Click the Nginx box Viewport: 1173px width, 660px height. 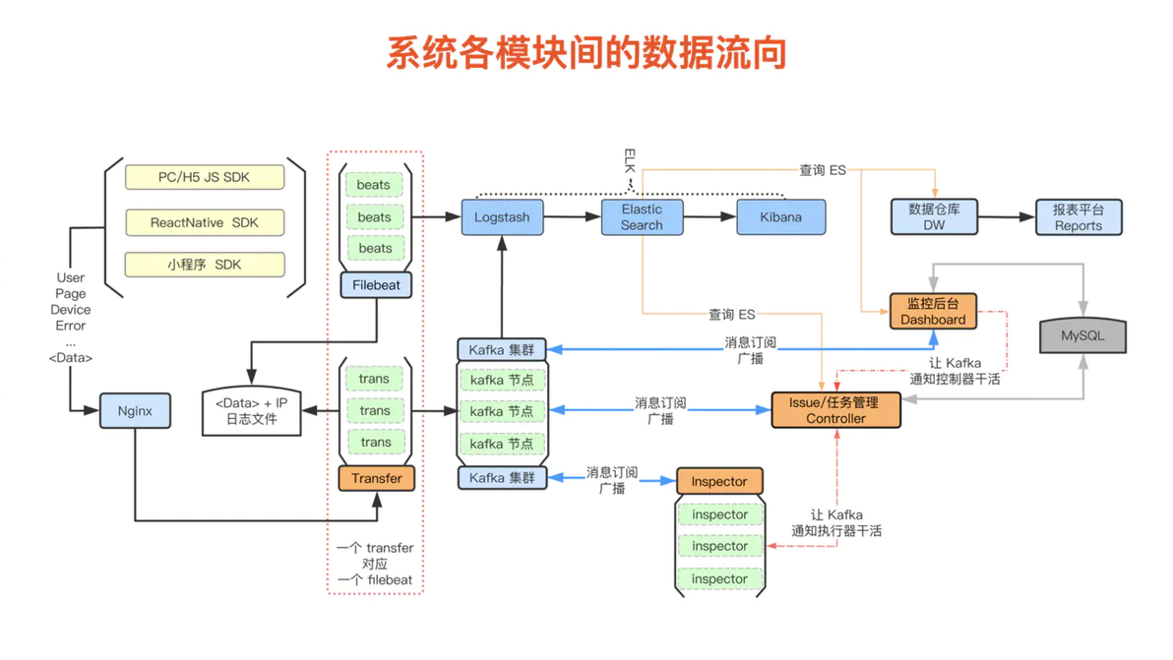pyautogui.click(x=135, y=410)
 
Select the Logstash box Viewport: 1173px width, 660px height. pyautogui.click(x=502, y=216)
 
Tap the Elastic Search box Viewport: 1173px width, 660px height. pyautogui.click(x=642, y=216)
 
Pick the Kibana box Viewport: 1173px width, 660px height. pyautogui.click(x=781, y=216)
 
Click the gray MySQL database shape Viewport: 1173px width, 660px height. pyautogui.click(x=1082, y=335)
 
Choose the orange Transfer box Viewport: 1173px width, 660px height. pyautogui.click(x=376, y=478)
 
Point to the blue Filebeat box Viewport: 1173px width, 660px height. pyautogui.click(x=376, y=285)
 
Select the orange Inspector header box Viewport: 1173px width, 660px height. pyautogui.click(x=719, y=481)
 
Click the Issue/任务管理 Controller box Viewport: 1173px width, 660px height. pyautogui.click(x=835, y=410)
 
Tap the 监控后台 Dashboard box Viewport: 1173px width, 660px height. pyautogui.click(x=933, y=311)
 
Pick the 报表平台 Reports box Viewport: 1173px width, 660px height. pyautogui.click(x=1078, y=216)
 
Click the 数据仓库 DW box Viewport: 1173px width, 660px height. pyautogui.click(x=934, y=216)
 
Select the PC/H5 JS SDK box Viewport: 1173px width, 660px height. pyautogui.click(x=205, y=177)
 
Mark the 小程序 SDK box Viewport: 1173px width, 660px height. pyautogui.click(x=205, y=265)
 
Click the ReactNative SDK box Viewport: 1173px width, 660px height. pyautogui.click(x=205, y=222)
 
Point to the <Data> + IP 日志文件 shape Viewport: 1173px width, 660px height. pyautogui.click(x=251, y=410)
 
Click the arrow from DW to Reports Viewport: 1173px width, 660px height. pyautogui.click(x=1006, y=216)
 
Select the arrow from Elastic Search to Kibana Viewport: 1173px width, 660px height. pyautogui.click(x=710, y=216)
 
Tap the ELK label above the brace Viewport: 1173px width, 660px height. pyautogui.click(x=630, y=160)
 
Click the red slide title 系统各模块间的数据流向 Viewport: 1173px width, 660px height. pyautogui.click(x=586, y=53)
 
